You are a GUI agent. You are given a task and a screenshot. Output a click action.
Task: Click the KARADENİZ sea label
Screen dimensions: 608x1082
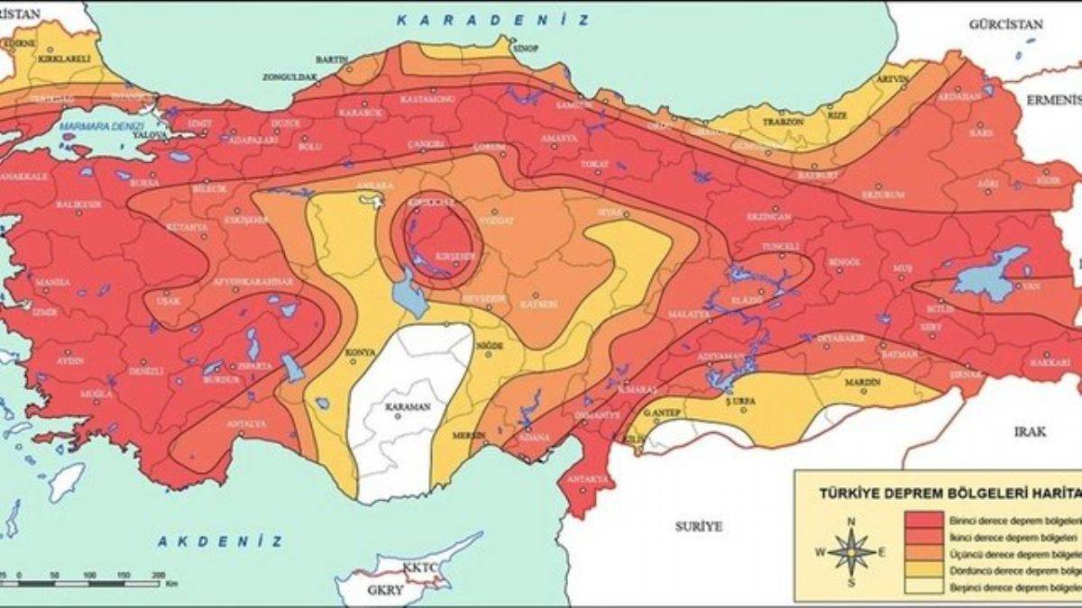point(494,19)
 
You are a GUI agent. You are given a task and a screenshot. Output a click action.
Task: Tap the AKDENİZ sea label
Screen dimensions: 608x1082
point(221,541)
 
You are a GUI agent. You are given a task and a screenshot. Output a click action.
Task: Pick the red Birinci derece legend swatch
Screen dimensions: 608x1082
point(929,522)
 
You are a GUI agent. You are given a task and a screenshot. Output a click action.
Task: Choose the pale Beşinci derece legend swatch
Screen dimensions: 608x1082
point(929,586)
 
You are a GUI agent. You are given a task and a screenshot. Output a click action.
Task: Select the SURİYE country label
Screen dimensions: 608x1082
point(699,526)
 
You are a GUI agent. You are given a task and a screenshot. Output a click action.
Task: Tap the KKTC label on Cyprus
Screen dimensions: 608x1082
point(419,570)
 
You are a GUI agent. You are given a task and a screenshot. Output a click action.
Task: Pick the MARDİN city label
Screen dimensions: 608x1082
point(862,383)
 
